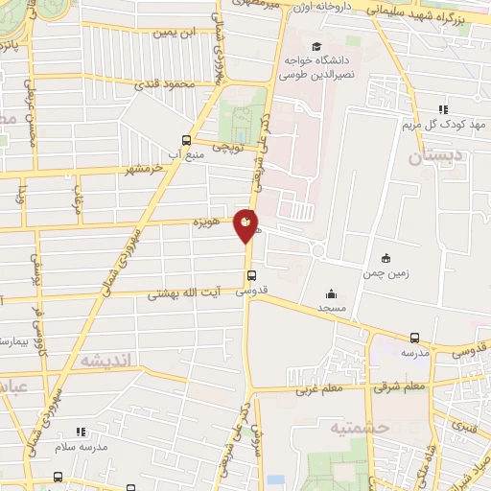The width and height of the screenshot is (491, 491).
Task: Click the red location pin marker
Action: click(x=247, y=224)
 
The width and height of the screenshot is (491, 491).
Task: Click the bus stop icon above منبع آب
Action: click(x=187, y=139)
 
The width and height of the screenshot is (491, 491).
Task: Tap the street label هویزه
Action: click(x=206, y=222)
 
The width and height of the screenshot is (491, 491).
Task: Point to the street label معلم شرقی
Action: click(x=400, y=386)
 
